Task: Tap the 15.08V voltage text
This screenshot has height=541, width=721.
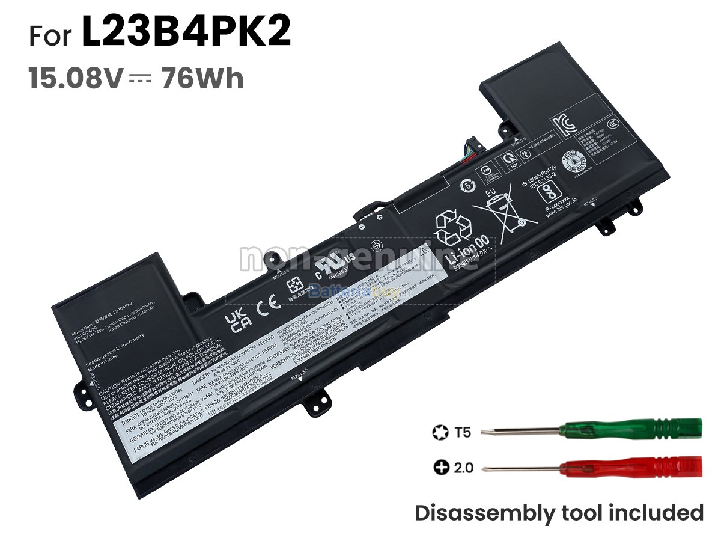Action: (x=76, y=78)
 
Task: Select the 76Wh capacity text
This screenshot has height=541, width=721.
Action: (x=202, y=78)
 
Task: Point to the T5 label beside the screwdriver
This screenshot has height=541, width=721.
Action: (x=463, y=432)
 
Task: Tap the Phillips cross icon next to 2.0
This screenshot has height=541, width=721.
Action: (x=442, y=466)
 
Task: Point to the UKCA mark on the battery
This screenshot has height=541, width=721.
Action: (x=236, y=320)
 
